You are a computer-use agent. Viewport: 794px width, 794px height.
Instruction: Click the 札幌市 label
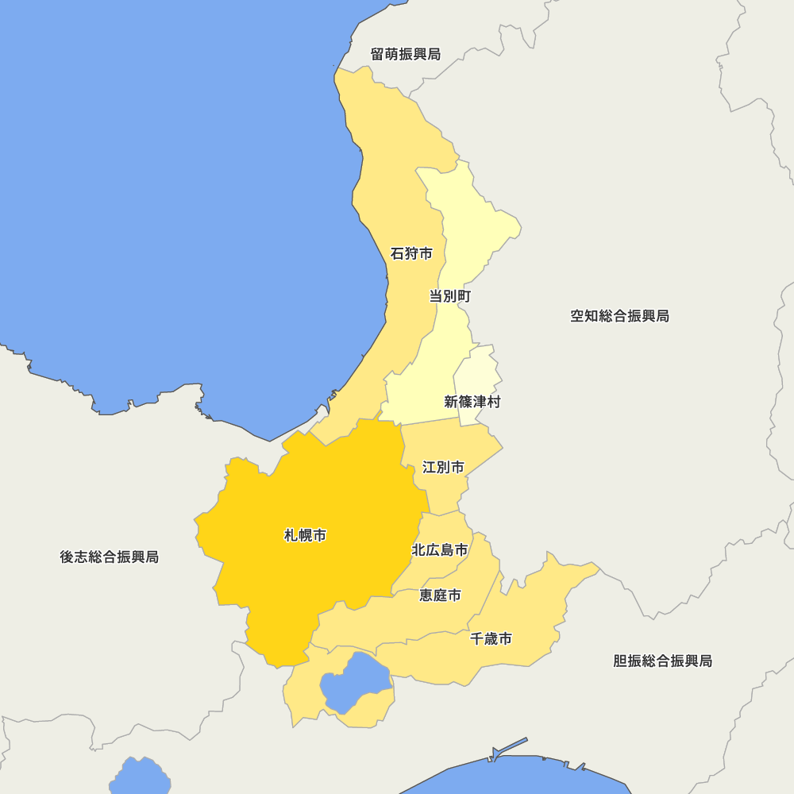point(305,536)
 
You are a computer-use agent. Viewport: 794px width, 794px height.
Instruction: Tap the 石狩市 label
point(411,254)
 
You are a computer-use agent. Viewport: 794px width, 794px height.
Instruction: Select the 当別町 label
point(450,297)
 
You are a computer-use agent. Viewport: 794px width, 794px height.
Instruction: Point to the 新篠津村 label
point(472,402)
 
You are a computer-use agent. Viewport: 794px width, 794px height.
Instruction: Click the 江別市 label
point(443,467)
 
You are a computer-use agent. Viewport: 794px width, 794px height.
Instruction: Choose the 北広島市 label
point(439,549)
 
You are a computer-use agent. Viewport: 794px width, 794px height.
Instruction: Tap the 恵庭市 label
point(440,595)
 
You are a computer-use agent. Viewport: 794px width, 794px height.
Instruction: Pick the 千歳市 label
point(491,638)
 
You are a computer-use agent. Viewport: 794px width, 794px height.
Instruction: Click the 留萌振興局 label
point(405,55)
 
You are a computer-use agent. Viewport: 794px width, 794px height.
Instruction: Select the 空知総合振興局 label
point(619,316)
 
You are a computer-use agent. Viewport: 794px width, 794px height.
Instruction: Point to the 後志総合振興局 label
point(109,557)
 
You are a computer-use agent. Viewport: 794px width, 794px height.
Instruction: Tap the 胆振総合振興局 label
point(662,661)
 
